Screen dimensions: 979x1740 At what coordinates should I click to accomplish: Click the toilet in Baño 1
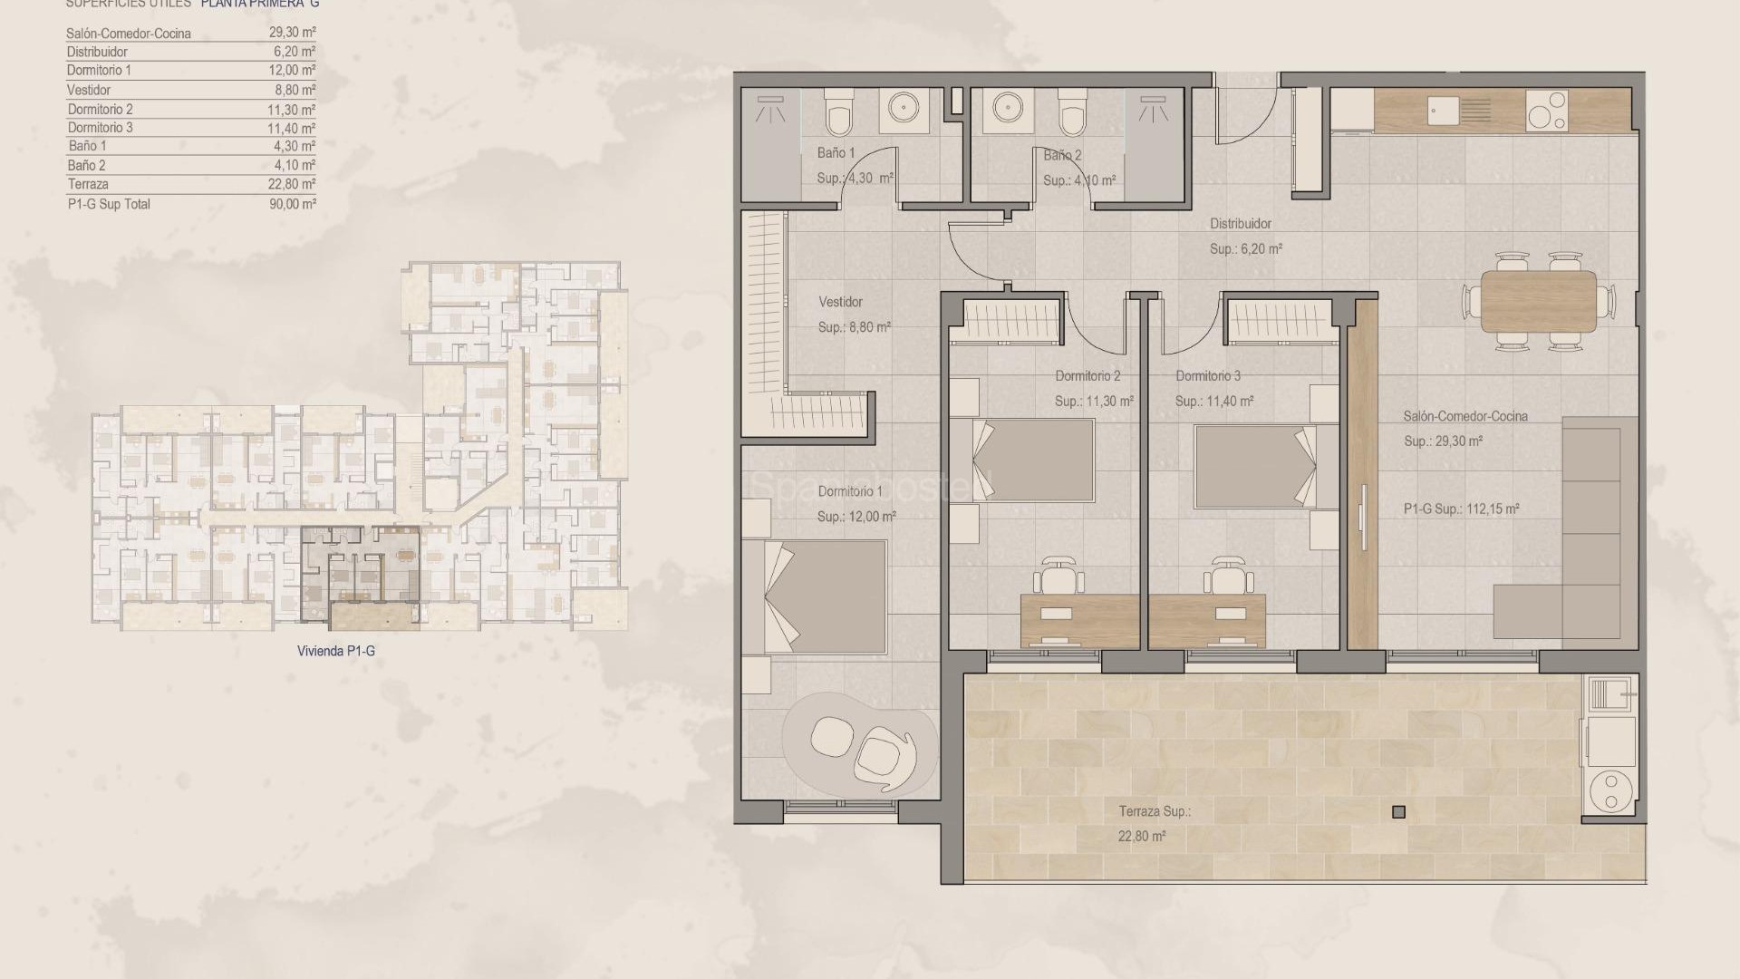839,115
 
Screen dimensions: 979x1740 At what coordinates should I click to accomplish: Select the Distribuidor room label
1240,224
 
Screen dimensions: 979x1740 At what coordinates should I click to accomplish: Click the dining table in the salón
1538,302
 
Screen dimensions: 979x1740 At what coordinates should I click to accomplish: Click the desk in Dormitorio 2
1078,621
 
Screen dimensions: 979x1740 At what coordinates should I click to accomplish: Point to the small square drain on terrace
1398,812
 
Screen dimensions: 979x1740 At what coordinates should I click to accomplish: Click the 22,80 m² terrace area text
1142,837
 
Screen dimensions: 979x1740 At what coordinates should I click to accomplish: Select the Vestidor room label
840,302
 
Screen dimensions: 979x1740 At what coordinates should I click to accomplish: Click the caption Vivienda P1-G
335,651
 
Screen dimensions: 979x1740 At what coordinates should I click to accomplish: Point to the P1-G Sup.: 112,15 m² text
1461,509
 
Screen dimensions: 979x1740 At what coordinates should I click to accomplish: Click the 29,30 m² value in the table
292,33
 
